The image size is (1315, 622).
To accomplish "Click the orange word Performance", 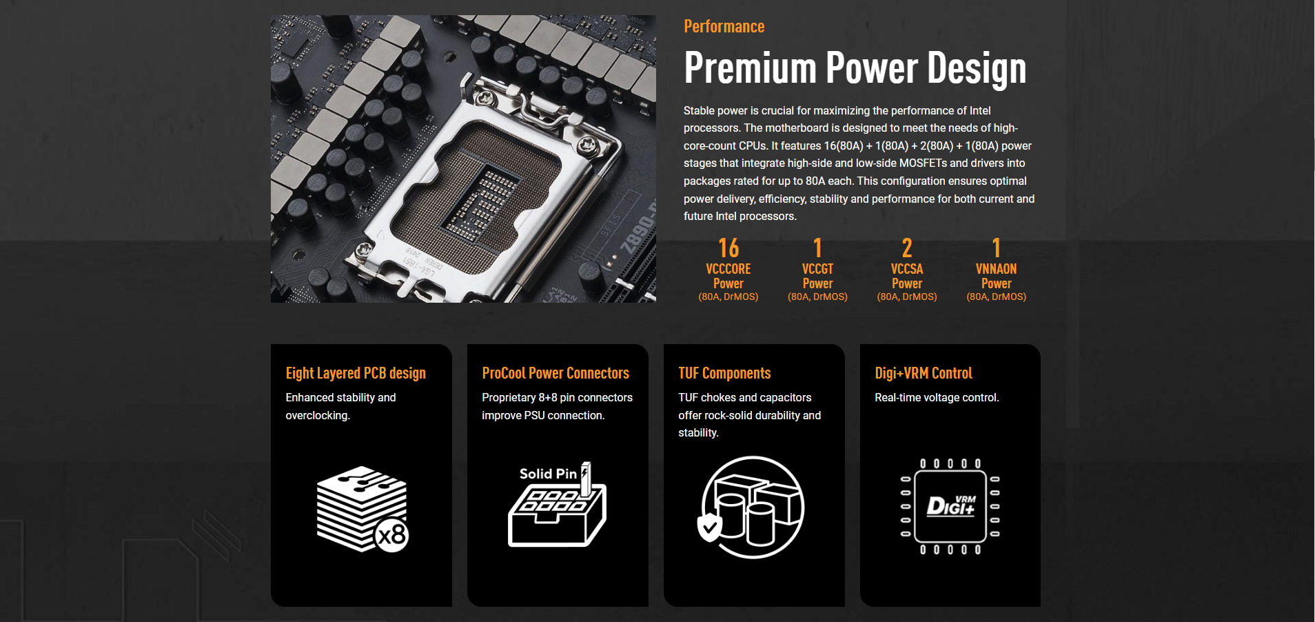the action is coord(724,27).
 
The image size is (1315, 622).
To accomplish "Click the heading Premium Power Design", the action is coord(855,68).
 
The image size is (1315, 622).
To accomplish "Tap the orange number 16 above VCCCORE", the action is coord(728,248).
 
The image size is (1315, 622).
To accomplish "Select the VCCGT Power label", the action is coord(817,276).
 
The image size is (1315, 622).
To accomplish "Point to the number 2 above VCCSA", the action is coord(907,248).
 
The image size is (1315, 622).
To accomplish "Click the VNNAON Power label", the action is coord(996,276).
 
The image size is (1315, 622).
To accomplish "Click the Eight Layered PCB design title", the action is coord(356,373).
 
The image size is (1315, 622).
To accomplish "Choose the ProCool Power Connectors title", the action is coord(555,373).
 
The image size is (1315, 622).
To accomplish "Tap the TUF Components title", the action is coord(724,373).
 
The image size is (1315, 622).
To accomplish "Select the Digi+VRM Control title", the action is coord(924,373).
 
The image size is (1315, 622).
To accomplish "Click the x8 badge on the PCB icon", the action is coord(392,535).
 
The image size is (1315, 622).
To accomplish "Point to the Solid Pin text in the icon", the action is coord(548,474).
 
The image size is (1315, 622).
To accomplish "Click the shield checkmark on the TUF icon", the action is coord(710,528).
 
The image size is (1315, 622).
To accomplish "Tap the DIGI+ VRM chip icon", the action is coord(950,507).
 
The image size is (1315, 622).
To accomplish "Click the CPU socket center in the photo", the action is coord(478,200).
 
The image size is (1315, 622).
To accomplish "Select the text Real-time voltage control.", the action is coord(937,398).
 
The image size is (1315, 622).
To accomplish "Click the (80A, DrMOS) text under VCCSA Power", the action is coord(907,297).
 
